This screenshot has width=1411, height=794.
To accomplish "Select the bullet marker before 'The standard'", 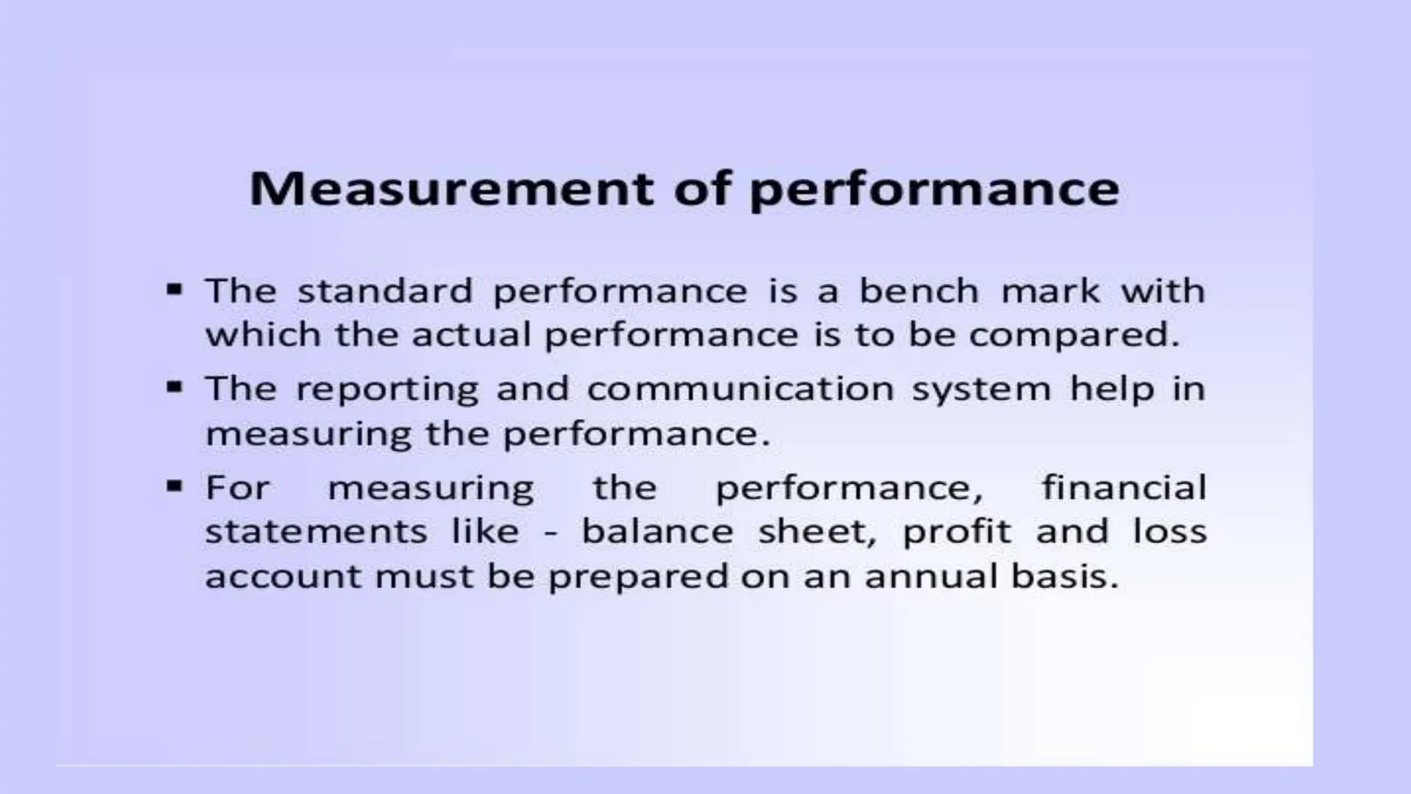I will (x=174, y=289).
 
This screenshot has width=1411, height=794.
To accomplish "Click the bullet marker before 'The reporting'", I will (x=174, y=387).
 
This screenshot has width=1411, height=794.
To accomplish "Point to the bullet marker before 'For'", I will (x=174, y=487).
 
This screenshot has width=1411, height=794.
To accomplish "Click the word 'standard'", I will (x=384, y=291).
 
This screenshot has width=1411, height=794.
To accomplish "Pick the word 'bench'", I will (x=918, y=291).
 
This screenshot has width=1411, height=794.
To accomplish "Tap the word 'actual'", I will (x=471, y=336).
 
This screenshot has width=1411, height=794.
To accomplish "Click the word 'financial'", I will (x=1124, y=487).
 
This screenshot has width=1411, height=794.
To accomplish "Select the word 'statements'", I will (x=316, y=531).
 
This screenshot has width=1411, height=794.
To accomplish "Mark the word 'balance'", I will (x=657, y=531).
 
